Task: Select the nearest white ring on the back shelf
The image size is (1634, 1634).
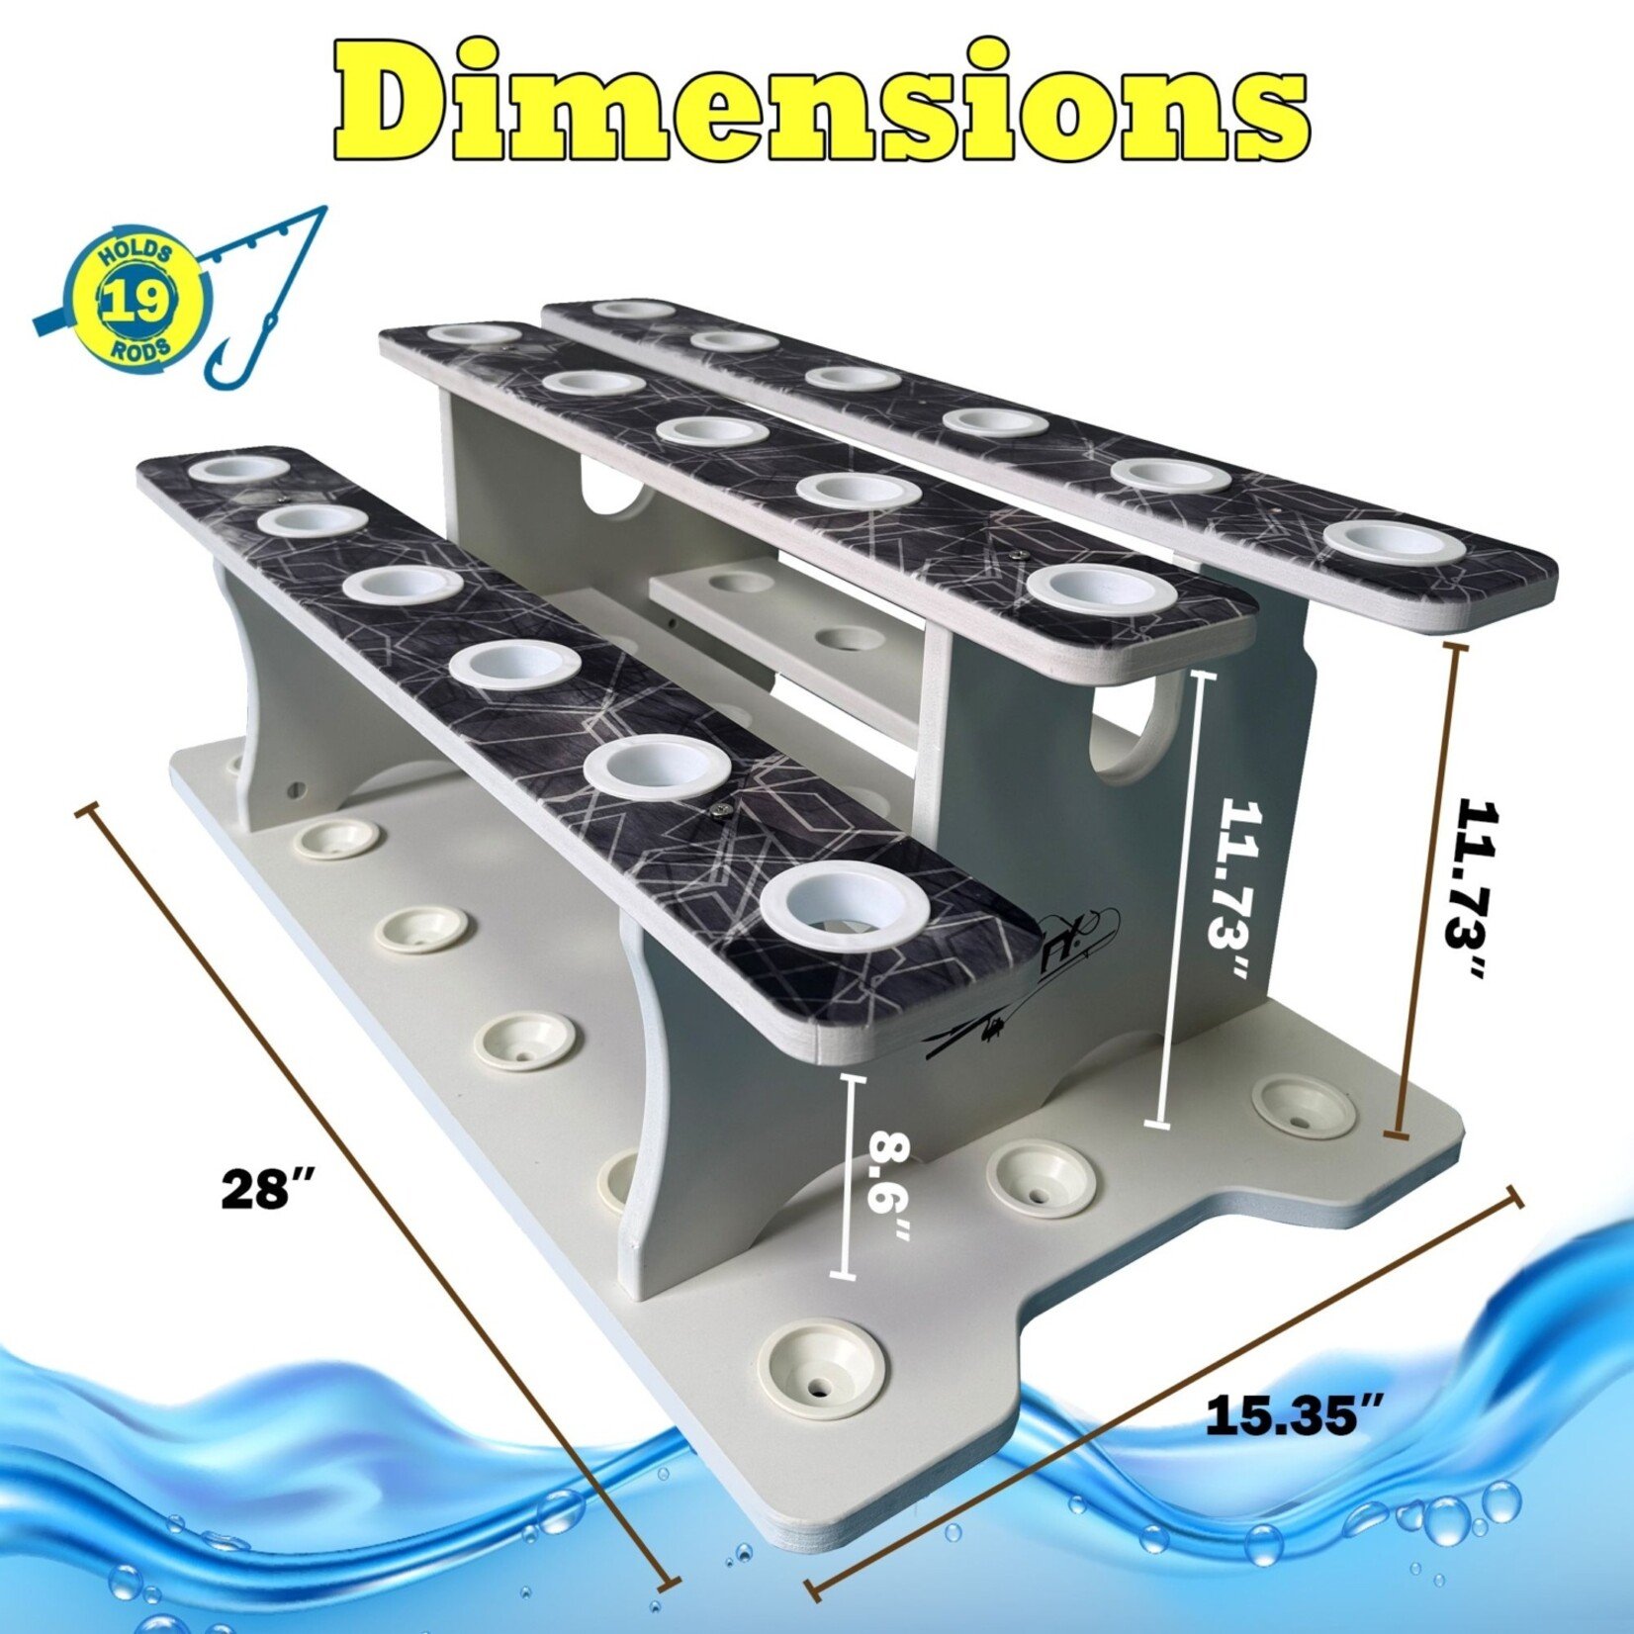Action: tap(1395, 541)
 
